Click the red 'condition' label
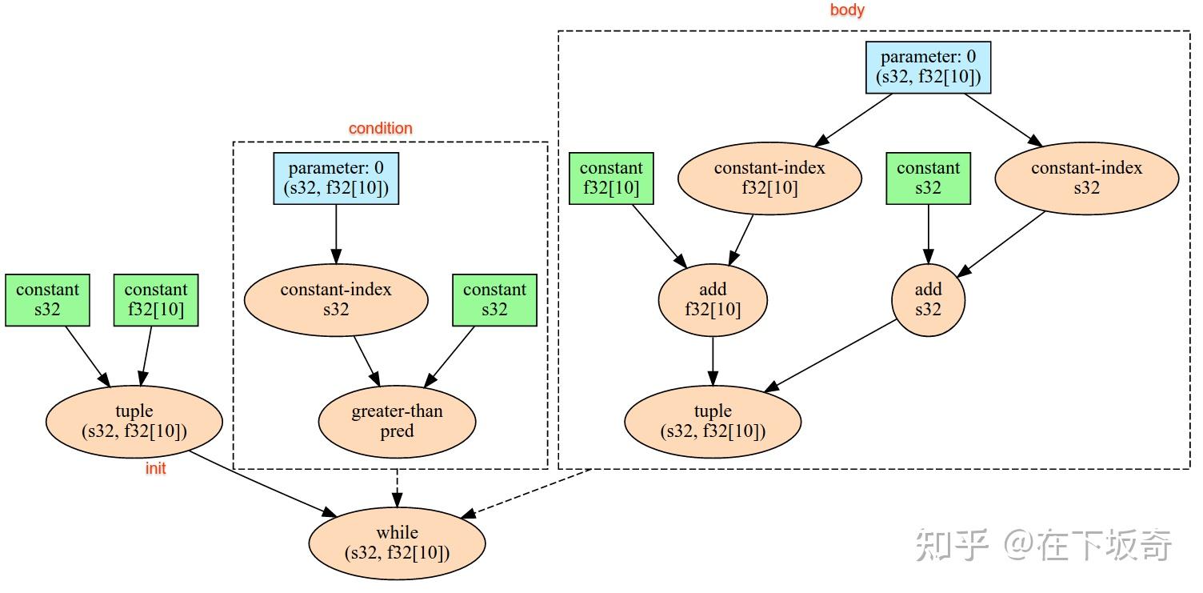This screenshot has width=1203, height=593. pyautogui.click(x=380, y=128)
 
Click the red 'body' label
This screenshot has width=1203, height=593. pyautogui.click(x=847, y=10)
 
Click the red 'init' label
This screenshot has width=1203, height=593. pyautogui.click(x=155, y=469)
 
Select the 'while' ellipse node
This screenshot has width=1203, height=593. pyautogui.click(x=397, y=543)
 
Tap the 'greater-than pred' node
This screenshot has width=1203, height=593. pyautogui.click(x=397, y=422)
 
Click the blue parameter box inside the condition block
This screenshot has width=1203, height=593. pyautogui.click(x=336, y=178)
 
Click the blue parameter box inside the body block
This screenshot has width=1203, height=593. pyautogui.click(x=928, y=67)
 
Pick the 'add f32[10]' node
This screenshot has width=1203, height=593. pyautogui.click(x=712, y=299)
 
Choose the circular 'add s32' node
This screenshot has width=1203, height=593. pyautogui.click(x=928, y=299)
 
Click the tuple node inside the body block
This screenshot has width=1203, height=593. pyautogui.click(x=712, y=421)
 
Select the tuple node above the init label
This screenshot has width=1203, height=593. pyautogui.click(x=134, y=421)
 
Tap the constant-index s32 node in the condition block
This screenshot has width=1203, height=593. pyautogui.click(x=336, y=299)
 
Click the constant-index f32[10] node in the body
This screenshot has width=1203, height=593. pyautogui.click(x=769, y=178)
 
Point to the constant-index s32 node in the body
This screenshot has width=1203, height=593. pyautogui.click(x=1086, y=178)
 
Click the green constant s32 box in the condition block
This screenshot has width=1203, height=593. pyautogui.click(x=494, y=299)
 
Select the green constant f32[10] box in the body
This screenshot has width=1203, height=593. pyautogui.click(x=611, y=178)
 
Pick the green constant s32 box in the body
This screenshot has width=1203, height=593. pyautogui.click(x=928, y=178)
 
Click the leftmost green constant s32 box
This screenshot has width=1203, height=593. pyautogui.click(x=47, y=299)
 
